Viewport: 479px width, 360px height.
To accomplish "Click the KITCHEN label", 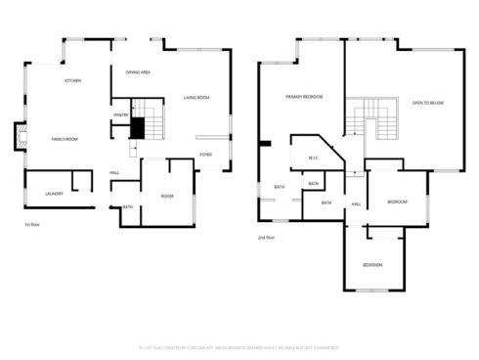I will (x=71, y=80).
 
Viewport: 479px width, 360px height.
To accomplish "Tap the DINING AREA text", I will (x=137, y=72).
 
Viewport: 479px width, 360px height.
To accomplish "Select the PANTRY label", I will (x=121, y=114).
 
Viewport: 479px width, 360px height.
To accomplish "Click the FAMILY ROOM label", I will (x=65, y=139).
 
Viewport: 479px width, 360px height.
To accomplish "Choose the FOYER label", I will (x=205, y=155).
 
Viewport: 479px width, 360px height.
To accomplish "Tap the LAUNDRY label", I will (x=54, y=194).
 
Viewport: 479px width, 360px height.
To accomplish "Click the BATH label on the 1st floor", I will (x=128, y=206).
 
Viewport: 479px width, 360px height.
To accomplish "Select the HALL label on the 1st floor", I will (x=114, y=173).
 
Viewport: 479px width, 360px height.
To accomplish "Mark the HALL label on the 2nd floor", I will (x=356, y=203).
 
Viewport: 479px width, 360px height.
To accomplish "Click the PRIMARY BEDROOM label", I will (x=304, y=98).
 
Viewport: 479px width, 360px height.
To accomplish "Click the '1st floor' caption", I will (x=32, y=224).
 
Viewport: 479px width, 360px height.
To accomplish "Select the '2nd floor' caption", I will (x=267, y=238).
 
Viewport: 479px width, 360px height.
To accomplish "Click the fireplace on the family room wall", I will (x=18, y=136).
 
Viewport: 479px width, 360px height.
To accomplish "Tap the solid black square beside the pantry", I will (x=138, y=128).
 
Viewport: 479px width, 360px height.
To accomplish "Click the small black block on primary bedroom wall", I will (x=265, y=144).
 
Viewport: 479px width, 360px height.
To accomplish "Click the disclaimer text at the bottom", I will (x=239, y=345).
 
